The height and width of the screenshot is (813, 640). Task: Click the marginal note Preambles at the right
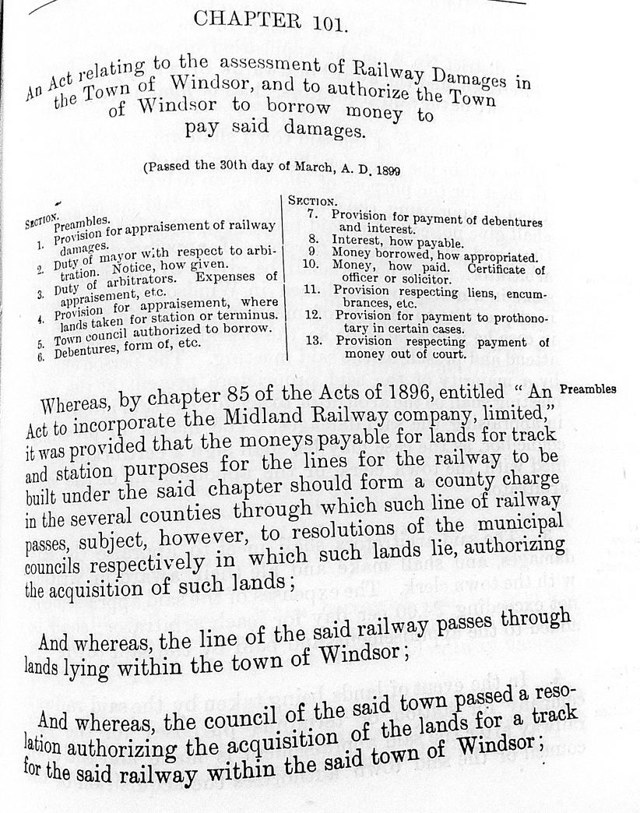tap(588, 389)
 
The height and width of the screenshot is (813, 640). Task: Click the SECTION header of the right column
tap(312, 200)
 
